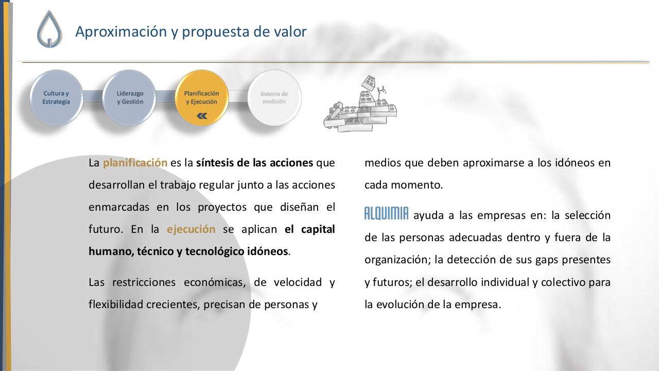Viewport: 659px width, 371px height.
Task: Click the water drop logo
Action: [x=49, y=30]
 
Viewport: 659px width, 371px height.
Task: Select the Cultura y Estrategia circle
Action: [x=56, y=97]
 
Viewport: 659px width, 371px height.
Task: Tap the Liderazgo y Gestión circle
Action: [x=130, y=97]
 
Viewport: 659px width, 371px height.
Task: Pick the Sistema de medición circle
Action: [x=274, y=97]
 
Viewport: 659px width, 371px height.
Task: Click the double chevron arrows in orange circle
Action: [x=202, y=116]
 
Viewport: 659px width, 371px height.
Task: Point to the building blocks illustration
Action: [x=360, y=106]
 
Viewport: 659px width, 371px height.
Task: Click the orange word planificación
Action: [x=135, y=163]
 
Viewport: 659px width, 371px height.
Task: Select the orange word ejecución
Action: [x=191, y=229]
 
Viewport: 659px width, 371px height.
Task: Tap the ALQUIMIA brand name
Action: [x=386, y=214]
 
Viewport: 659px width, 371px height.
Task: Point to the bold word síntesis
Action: [x=215, y=163]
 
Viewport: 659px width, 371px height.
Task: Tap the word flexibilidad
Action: [x=116, y=305]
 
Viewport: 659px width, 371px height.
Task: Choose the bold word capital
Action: [x=318, y=229]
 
